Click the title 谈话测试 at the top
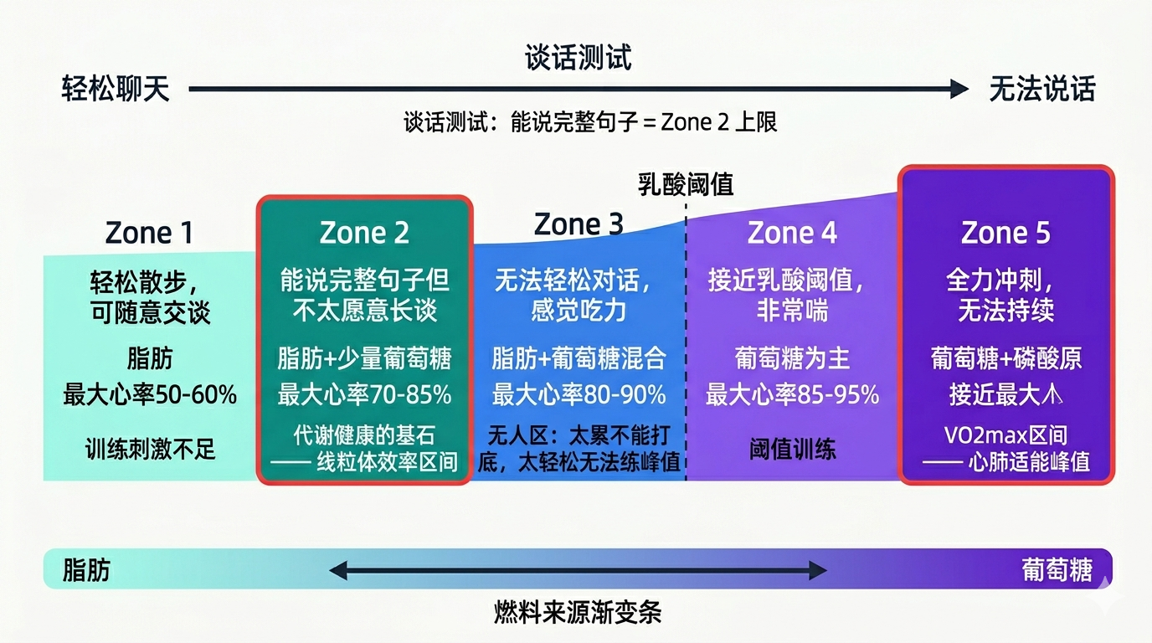point(578,58)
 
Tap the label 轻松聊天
point(116,89)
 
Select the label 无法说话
point(1041,89)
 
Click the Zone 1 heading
point(149,233)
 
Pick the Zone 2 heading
point(364,233)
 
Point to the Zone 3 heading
point(579,224)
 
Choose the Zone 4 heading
point(792,233)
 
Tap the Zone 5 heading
point(1005,233)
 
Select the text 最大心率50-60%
point(150,394)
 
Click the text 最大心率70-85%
point(364,394)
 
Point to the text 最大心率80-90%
point(579,394)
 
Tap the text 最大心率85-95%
point(792,394)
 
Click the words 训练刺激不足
point(150,449)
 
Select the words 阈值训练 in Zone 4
point(792,449)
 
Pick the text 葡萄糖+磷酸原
point(1005,358)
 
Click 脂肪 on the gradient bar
point(86,570)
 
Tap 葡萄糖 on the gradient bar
point(1057,570)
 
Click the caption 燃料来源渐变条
point(578,612)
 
